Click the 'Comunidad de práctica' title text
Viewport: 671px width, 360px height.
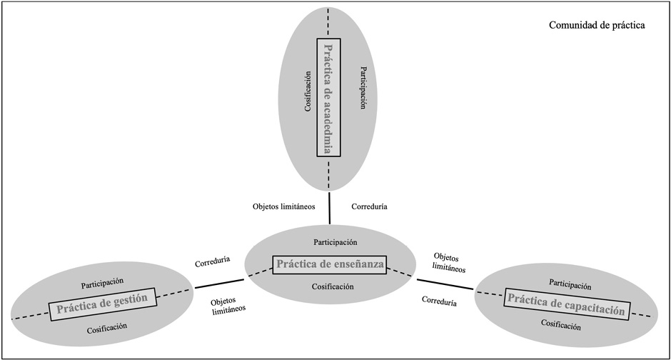click(597, 25)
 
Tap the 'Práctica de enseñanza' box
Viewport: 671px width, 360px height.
click(329, 264)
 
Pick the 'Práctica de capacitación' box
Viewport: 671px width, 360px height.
click(567, 304)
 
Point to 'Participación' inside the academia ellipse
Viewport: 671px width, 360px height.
click(363, 88)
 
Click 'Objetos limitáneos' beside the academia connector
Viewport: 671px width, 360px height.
click(283, 206)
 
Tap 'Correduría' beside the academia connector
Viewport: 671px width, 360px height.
click(370, 206)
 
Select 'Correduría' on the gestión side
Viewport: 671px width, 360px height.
click(212, 262)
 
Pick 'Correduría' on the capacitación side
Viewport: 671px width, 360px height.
click(440, 301)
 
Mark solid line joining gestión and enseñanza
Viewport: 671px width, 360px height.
click(219, 284)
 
